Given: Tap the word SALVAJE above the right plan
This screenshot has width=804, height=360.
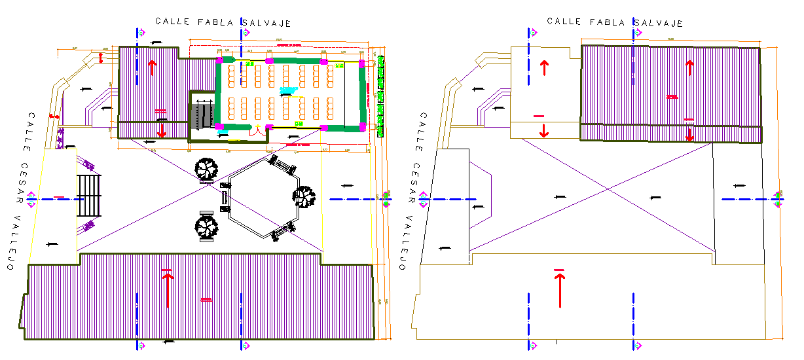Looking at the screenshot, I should (x=658, y=23).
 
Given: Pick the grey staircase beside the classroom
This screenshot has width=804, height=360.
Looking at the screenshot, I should (x=202, y=116).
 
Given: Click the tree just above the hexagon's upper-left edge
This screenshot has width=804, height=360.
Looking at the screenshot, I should (x=206, y=170).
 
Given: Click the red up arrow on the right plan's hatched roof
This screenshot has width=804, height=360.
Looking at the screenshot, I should (x=689, y=67).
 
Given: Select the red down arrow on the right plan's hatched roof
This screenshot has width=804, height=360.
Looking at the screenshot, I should (x=689, y=134).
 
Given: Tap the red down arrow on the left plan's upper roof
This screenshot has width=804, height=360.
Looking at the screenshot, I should (x=161, y=130).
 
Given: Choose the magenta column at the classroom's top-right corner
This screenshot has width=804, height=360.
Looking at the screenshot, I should (x=361, y=63).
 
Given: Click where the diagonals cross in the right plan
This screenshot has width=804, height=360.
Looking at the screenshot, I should (x=608, y=190).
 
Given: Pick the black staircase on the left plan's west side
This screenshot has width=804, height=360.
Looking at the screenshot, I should (x=89, y=196).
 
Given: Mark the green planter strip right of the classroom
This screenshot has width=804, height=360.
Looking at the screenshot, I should (x=380, y=95).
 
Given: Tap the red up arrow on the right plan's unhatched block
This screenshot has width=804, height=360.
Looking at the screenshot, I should (x=543, y=67).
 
